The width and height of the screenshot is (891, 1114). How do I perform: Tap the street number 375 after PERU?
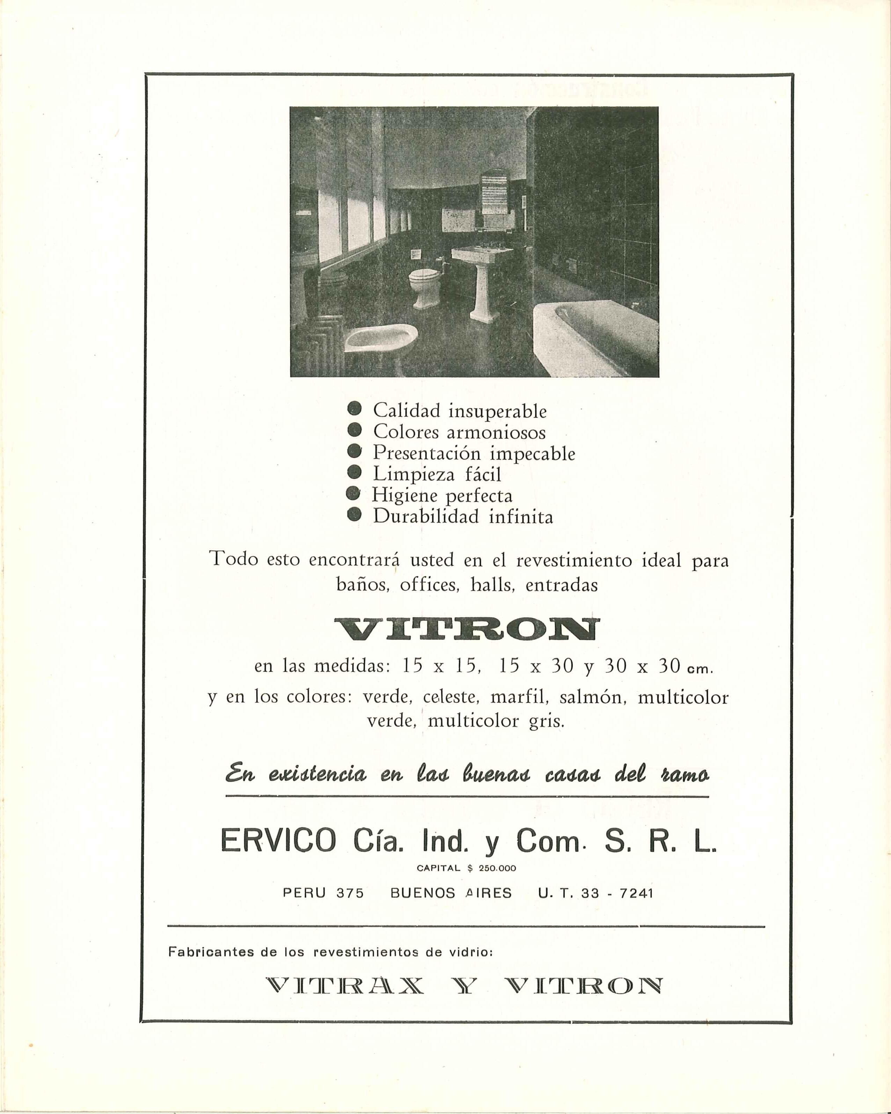click(x=350, y=893)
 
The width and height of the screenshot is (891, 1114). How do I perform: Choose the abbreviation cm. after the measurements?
click(x=699, y=669)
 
